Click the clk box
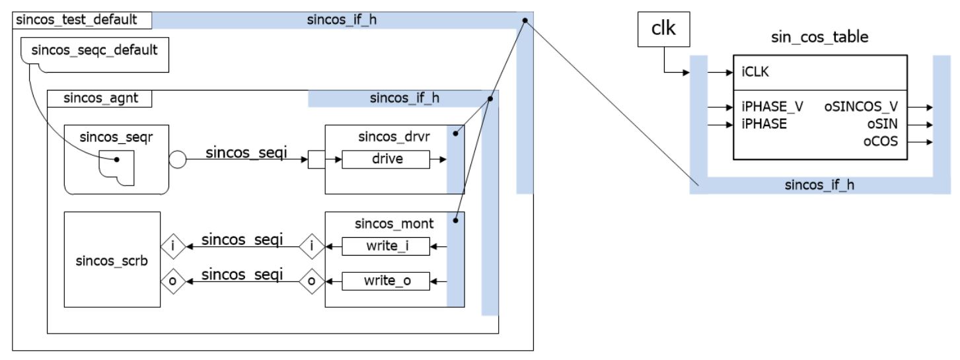pos(664,31)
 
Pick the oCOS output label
pos(883,141)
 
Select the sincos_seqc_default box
pos(95,54)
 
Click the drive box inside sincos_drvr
pos(387,159)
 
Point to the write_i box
pos(386,247)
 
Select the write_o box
pos(386,281)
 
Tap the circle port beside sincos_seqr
pos(178,159)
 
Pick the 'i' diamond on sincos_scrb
pos(172,247)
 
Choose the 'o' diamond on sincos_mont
pos(310,281)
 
